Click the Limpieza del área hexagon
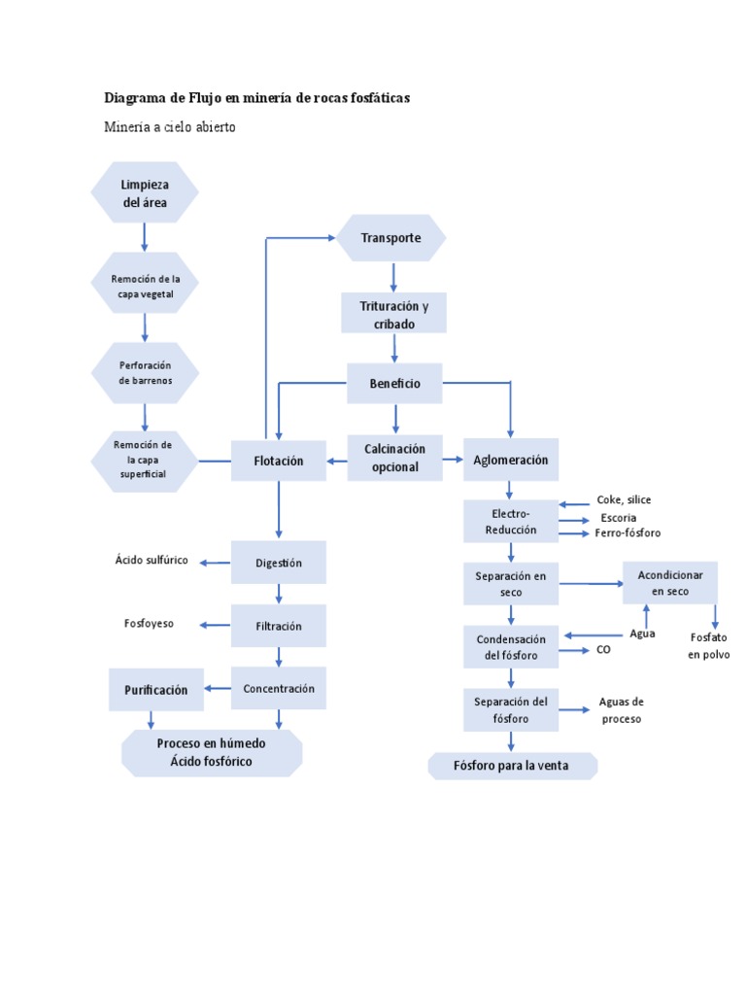pyautogui.click(x=145, y=192)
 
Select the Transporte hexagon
pyautogui.click(x=391, y=238)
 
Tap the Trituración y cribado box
pyautogui.click(x=394, y=314)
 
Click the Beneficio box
pyautogui.click(x=394, y=384)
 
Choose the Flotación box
pyautogui.click(x=279, y=461)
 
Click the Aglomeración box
pyautogui.click(x=510, y=460)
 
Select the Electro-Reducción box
pyautogui.click(x=510, y=521)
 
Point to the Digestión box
pyautogui.click(x=279, y=563)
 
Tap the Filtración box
pyautogui.click(x=279, y=627)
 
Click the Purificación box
pyautogui.click(x=155, y=689)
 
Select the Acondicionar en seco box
pyautogui.click(x=669, y=583)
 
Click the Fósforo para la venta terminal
pyautogui.click(x=512, y=766)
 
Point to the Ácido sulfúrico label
pyautogui.click(x=152, y=561)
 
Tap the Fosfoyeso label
pyautogui.click(x=149, y=624)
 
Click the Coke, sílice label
pyautogui.click(x=624, y=499)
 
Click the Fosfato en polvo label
pyautogui.click(x=708, y=646)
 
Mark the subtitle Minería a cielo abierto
pyautogui.click(x=170, y=128)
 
